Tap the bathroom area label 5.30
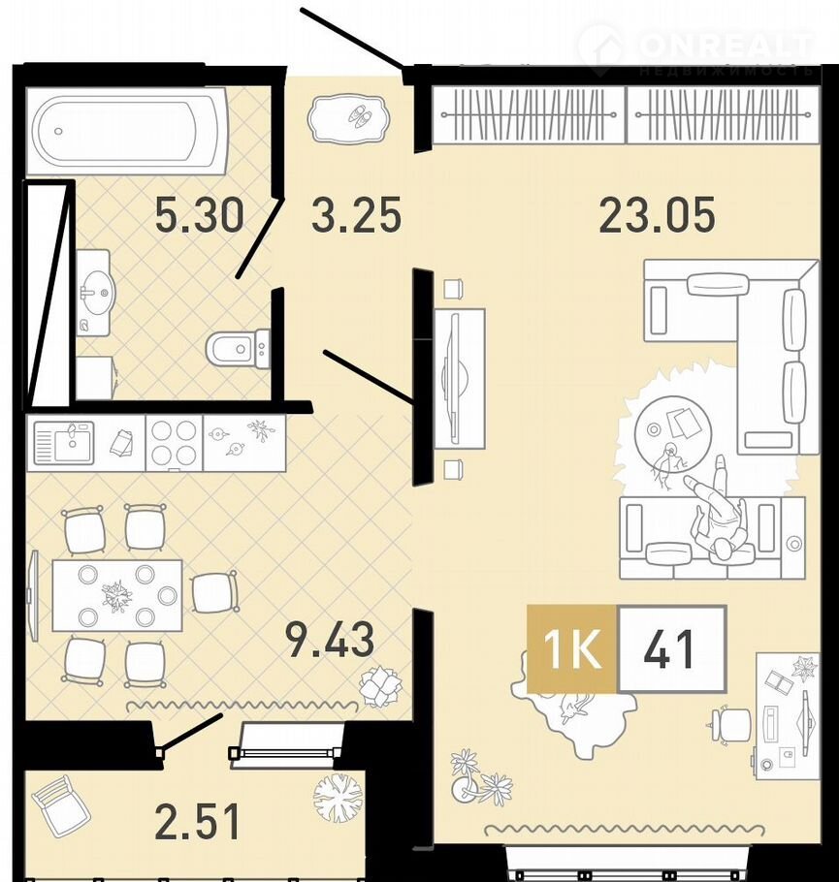point(200,214)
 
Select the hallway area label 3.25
point(356,214)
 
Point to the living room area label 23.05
point(657,214)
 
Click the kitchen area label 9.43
point(330,639)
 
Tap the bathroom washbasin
point(94,293)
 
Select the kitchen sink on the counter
point(64,442)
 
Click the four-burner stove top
point(174,442)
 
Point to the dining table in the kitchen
point(117,595)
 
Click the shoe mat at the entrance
point(348,118)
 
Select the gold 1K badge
point(572,648)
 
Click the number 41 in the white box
point(670,648)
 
